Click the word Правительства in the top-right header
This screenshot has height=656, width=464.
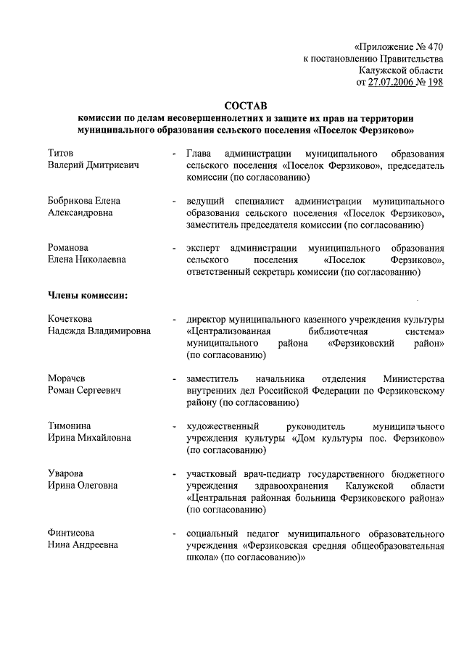410,58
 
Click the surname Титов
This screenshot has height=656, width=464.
61,154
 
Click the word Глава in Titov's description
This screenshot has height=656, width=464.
199,154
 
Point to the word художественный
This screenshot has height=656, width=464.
223,425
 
